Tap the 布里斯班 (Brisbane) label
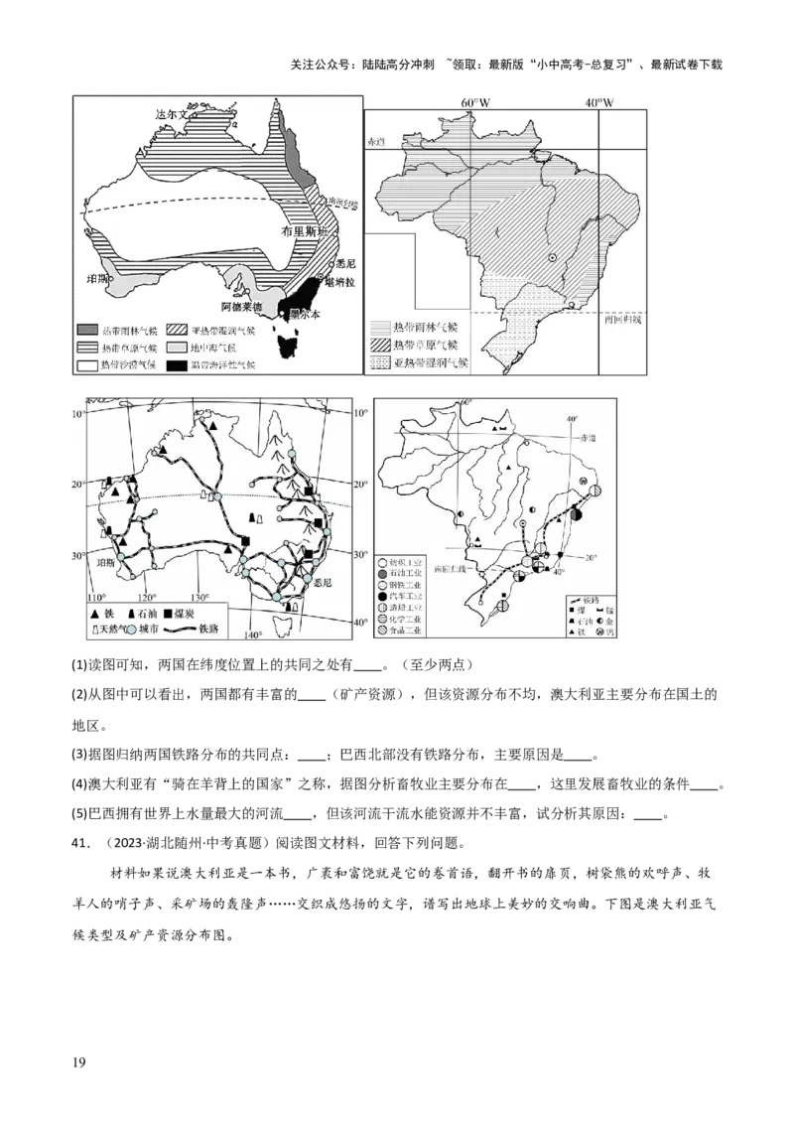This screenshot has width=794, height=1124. click(x=304, y=229)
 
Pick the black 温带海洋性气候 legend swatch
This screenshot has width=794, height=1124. click(x=177, y=365)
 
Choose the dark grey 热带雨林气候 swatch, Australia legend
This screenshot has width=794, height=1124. click(x=88, y=329)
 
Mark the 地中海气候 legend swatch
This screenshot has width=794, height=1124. click(x=177, y=348)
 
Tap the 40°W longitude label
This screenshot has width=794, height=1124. click(x=598, y=103)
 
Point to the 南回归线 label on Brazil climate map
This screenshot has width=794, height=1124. click(x=622, y=320)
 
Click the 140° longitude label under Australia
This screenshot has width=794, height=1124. click(x=253, y=635)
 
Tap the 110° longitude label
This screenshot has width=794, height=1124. click(x=96, y=598)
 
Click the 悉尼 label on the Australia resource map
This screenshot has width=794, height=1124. click(x=321, y=585)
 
